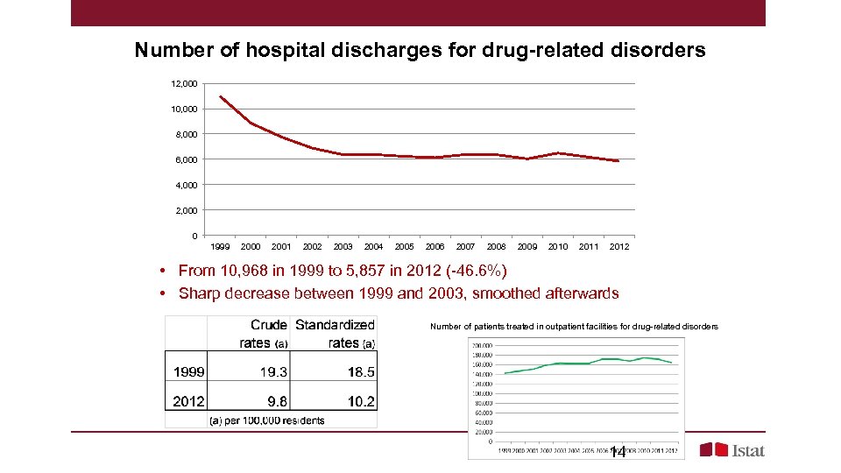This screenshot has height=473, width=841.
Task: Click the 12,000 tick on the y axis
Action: click(x=184, y=83)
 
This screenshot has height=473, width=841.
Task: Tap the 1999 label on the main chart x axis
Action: click(x=220, y=247)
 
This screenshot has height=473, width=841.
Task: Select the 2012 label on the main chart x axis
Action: click(x=618, y=247)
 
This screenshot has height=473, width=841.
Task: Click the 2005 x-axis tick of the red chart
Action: click(x=404, y=247)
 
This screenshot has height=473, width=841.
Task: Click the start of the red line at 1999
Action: click(x=220, y=96)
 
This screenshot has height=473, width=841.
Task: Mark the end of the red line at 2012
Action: click(x=618, y=161)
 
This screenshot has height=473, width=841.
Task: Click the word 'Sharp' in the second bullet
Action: click(x=200, y=293)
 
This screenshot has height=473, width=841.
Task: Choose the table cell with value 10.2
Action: click(x=360, y=401)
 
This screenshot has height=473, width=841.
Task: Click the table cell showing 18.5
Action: click(x=360, y=371)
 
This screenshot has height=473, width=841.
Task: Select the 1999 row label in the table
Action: click(x=188, y=371)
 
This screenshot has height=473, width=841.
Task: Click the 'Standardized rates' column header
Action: click(x=336, y=334)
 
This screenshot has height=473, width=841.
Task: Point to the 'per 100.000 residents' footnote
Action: click(x=266, y=420)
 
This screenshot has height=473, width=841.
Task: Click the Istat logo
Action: click(x=732, y=450)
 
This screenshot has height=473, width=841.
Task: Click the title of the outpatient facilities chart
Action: click(x=574, y=327)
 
